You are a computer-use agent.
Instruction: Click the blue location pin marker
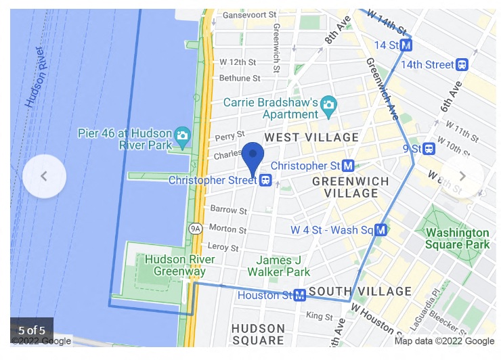(x=253, y=158)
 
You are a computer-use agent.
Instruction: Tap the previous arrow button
(x=44, y=177)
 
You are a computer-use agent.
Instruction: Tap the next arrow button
(x=462, y=177)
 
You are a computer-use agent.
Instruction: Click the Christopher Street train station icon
(x=266, y=181)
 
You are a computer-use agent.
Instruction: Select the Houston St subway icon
(x=299, y=295)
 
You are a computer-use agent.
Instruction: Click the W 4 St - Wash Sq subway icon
(x=381, y=230)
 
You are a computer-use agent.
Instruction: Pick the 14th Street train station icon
(x=462, y=65)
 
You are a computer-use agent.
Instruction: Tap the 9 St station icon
(x=429, y=148)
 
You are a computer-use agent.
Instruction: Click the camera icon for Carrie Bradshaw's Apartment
(x=329, y=104)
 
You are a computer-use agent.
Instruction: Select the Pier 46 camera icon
(x=181, y=135)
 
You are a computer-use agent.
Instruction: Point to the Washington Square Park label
(x=457, y=238)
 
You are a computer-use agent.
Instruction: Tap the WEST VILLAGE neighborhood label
(x=311, y=138)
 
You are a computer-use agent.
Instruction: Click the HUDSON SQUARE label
(x=258, y=334)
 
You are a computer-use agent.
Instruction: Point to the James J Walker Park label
(x=279, y=266)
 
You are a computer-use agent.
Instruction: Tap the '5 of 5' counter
(x=32, y=330)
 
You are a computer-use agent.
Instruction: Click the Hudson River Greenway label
(x=180, y=265)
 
